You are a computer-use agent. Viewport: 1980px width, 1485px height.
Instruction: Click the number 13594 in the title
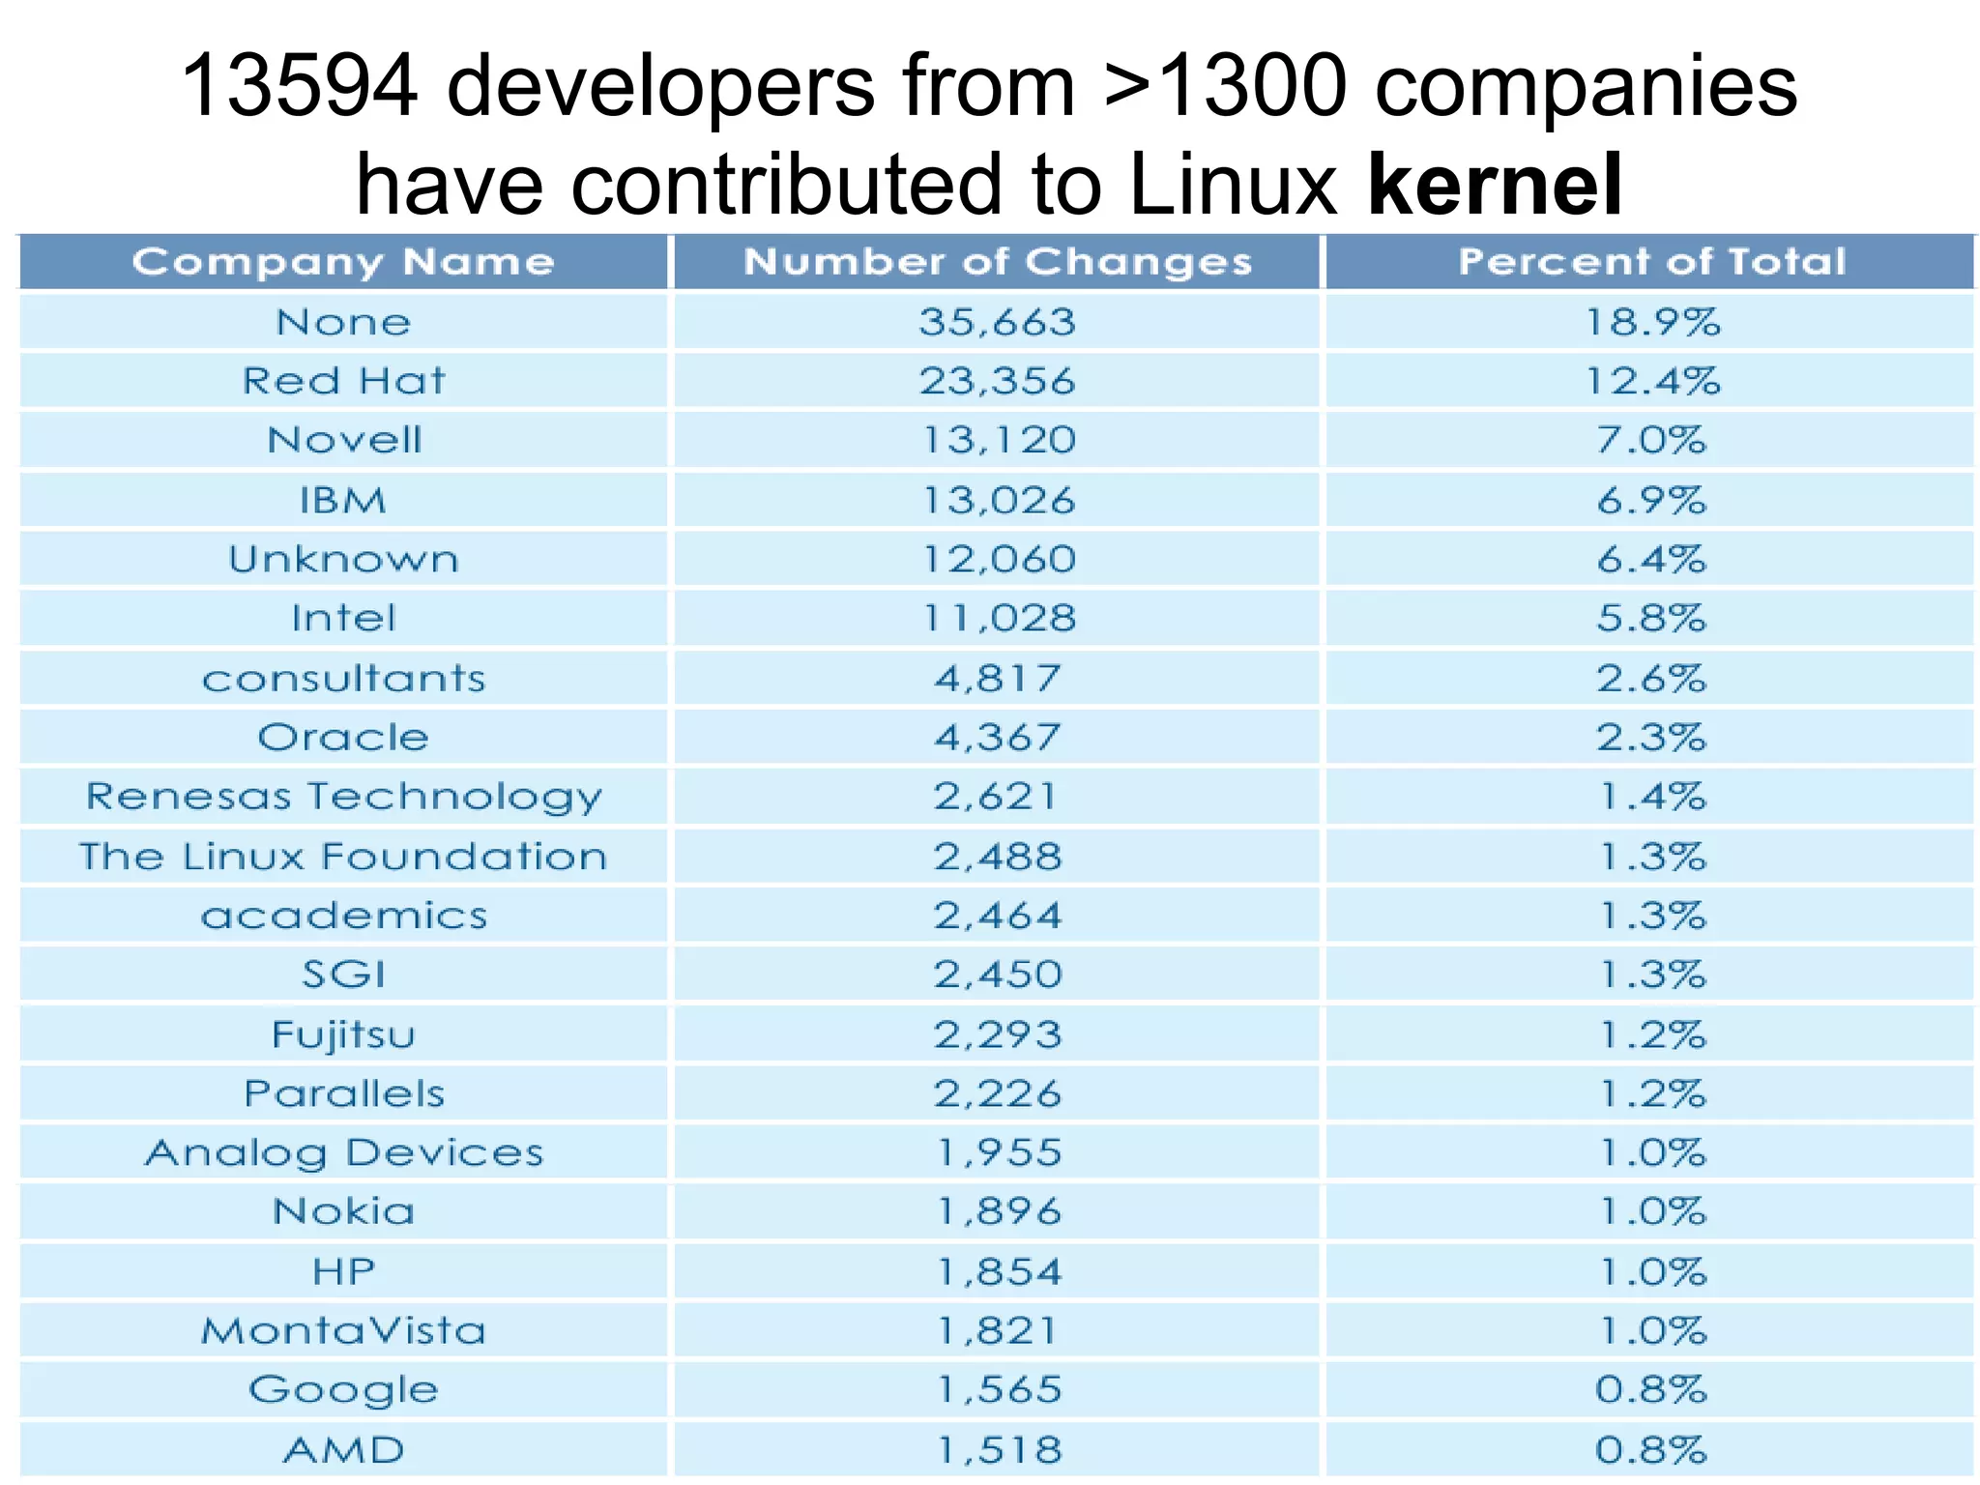pos(300,87)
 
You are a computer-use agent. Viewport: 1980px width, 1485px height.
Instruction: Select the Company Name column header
pos(343,262)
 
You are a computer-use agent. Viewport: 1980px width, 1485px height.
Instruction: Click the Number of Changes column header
pos(997,262)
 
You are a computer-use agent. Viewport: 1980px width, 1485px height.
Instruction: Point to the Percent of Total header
pos(1651,262)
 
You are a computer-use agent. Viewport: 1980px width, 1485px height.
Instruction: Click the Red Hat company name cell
pos(343,381)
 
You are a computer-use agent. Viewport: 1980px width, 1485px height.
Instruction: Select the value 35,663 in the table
pos(997,322)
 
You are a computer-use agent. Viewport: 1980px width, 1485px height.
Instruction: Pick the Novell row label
pos(344,441)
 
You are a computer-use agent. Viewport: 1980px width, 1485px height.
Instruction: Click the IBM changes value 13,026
pos(998,501)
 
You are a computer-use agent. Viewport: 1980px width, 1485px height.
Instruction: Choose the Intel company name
pos(343,619)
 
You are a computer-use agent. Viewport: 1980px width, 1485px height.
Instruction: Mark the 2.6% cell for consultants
pos(1651,679)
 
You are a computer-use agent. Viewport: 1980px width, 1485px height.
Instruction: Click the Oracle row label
pos(343,738)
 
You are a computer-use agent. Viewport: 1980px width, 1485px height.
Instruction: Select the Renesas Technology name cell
pos(343,797)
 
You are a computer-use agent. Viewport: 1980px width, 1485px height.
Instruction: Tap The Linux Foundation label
pos(343,857)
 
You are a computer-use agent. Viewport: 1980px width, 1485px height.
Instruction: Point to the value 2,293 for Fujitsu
pos(997,1034)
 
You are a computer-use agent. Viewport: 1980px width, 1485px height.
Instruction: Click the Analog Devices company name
pos(343,1152)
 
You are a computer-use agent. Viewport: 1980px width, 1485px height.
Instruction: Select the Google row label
pos(343,1390)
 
